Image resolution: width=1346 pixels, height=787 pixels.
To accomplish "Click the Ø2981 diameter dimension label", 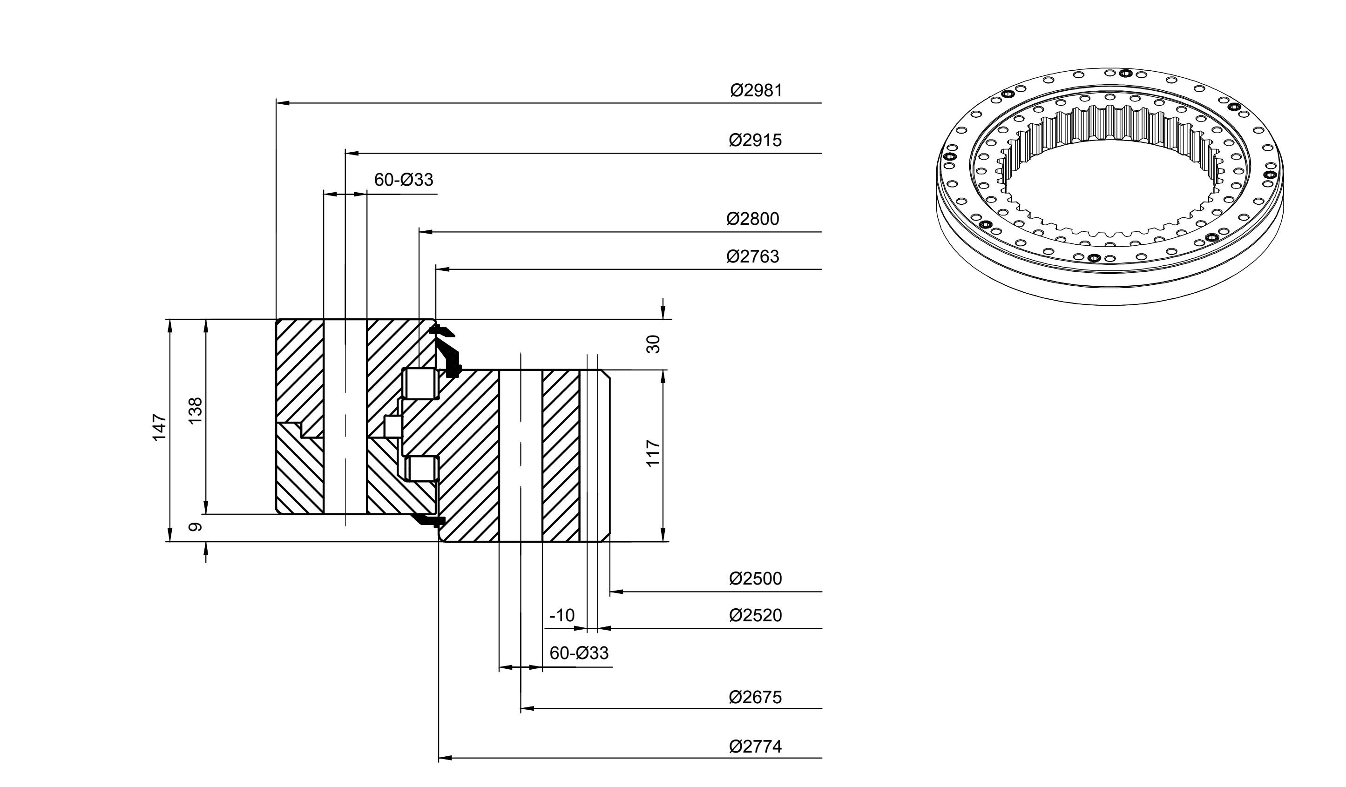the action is (x=756, y=91).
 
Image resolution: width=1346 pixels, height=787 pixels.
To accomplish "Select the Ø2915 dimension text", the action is (x=755, y=141).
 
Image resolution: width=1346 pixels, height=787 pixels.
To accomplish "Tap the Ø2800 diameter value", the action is (x=752, y=219).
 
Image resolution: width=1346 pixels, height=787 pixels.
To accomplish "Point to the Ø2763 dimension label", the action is (x=752, y=257).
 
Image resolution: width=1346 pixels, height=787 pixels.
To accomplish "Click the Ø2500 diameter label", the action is (x=755, y=579).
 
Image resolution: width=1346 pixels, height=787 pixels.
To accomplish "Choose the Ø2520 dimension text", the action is (x=755, y=616).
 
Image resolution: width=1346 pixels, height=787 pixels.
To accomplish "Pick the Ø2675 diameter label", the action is (x=755, y=697).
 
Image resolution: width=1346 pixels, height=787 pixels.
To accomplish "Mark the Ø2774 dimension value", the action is (x=755, y=747).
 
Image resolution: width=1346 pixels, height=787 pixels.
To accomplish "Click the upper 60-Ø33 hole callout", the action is (x=403, y=180).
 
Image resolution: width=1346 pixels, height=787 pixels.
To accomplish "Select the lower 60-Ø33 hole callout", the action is (x=579, y=653).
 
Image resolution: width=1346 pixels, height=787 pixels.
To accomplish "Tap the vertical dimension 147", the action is (x=160, y=427).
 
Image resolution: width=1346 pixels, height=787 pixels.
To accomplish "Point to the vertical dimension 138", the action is (x=196, y=410).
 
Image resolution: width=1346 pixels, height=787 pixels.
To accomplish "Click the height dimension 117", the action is (x=653, y=453).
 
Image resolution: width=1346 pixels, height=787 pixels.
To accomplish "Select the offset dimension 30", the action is (x=653, y=344).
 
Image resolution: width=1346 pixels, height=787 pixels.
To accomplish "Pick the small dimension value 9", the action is (x=196, y=527).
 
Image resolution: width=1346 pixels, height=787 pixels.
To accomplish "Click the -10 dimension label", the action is (x=562, y=616).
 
